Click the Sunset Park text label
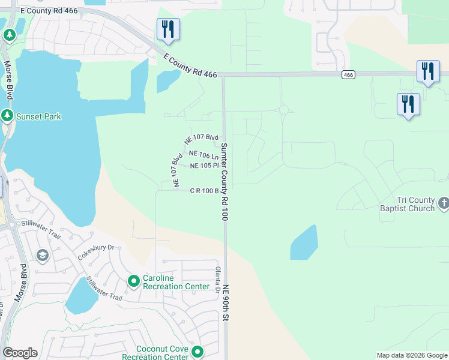click(39, 116)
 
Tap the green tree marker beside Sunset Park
click(7, 115)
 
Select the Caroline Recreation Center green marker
click(134, 280)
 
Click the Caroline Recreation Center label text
click(176, 282)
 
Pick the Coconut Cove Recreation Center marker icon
click(196, 352)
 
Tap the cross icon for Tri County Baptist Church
click(443, 203)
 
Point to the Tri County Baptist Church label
click(415, 204)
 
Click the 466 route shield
click(349, 74)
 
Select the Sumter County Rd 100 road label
click(224, 182)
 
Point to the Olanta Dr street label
click(218, 280)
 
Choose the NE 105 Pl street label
click(203, 166)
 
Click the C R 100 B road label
click(203, 191)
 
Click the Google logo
click(20, 353)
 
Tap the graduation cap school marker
click(42, 256)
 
